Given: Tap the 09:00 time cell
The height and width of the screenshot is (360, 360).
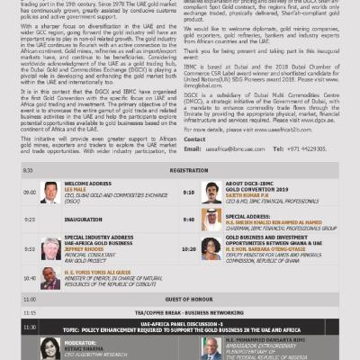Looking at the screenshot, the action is (29, 192).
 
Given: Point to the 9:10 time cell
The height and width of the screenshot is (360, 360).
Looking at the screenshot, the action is (188, 192).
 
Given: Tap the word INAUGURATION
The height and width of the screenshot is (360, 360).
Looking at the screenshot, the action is (82, 218).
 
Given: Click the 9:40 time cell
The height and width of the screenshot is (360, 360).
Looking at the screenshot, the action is (188, 218).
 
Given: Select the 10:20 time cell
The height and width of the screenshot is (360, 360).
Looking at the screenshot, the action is (188, 249).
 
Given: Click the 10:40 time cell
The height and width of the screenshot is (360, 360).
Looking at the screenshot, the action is (29, 280).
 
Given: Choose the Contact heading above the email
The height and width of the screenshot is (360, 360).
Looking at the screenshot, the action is (195, 139).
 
